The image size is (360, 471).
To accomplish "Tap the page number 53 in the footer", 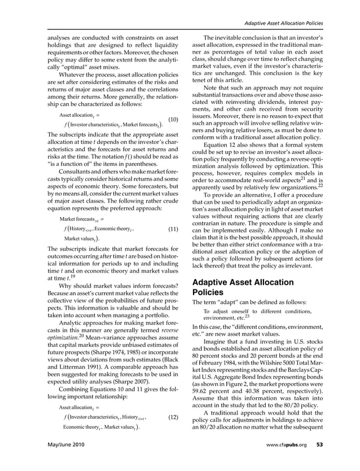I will pyautogui.click(x=319, y=460).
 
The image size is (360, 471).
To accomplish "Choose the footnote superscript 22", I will pyautogui.click(x=319, y=184).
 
